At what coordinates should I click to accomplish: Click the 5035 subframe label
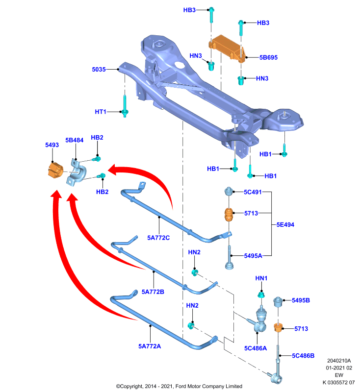point(99,70)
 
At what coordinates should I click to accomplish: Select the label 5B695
point(268,57)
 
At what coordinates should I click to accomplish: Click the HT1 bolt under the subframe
point(125,106)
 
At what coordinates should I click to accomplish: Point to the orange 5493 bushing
point(55,170)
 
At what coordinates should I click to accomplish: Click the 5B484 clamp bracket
point(77,172)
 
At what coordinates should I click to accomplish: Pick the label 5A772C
point(158,238)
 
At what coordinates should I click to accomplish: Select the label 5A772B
point(153,292)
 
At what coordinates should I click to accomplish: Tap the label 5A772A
point(150,346)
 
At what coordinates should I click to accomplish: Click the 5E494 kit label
point(285,225)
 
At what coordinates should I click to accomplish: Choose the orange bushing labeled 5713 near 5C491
point(229,215)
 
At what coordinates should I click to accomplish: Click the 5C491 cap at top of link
point(229,191)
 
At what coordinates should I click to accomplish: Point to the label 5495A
point(253,256)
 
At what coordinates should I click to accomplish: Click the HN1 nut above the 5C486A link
point(261,295)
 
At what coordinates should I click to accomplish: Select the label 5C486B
point(303,356)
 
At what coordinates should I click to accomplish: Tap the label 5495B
point(301,300)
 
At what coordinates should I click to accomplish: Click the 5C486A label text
point(256,348)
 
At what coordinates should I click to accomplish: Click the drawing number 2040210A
point(339,361)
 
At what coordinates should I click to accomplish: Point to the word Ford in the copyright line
point(181,386)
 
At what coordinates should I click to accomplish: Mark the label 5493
point(52,145)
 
